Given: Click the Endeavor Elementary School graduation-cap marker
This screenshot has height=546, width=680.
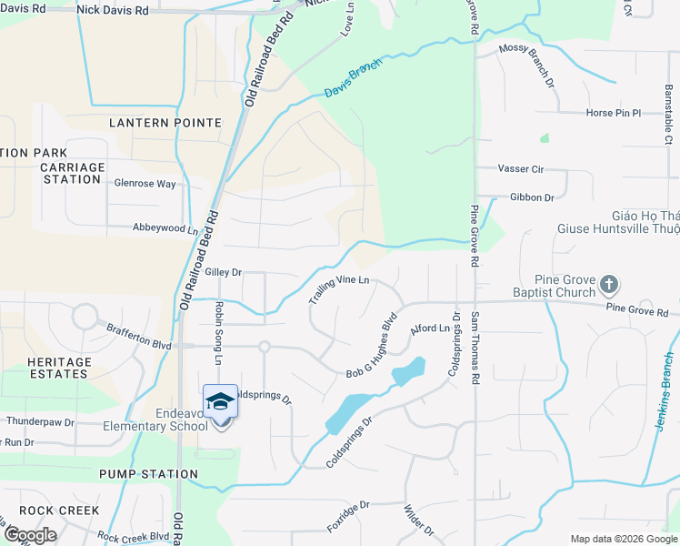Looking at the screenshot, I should pyautogui.click(x=219, y=402).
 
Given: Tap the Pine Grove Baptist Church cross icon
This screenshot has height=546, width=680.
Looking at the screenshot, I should pyautogui.click(x=609, y=286).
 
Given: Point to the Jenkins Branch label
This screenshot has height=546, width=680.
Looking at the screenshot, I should pyautogui.click(x=669, y=384).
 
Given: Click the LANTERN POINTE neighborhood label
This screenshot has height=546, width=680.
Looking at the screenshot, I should pyautogui.click(x=165, y=122).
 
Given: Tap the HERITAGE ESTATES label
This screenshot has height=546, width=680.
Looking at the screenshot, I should pyautogui.click(x=59, y=368).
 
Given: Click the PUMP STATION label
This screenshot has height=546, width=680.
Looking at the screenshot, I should pyautogui.click(x=148, y=474).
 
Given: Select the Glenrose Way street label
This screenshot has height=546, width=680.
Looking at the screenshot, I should pyautogui.click(x=145, y=183).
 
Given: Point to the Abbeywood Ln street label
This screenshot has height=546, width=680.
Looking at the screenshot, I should pyautogui.click(x=165, y=228).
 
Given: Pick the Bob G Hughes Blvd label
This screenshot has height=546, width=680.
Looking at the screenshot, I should pyautogui.click(x=374, y=348).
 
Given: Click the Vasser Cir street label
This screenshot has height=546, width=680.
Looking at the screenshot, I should pyautogui.click(x=520, y=168).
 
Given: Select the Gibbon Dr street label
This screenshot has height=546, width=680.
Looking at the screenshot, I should pyautogui.click(x=532, y=197).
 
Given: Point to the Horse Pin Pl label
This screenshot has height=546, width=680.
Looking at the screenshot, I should pyautogui.click(x=614, y=114).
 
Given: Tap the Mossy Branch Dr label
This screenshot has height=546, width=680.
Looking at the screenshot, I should pyautogui.click(x=527, y=66).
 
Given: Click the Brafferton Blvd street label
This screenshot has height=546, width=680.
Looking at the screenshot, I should pyautogui.click(x=138, y=339).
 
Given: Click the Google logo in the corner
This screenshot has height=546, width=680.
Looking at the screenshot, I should pyautogui.click(x=30, y=535).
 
